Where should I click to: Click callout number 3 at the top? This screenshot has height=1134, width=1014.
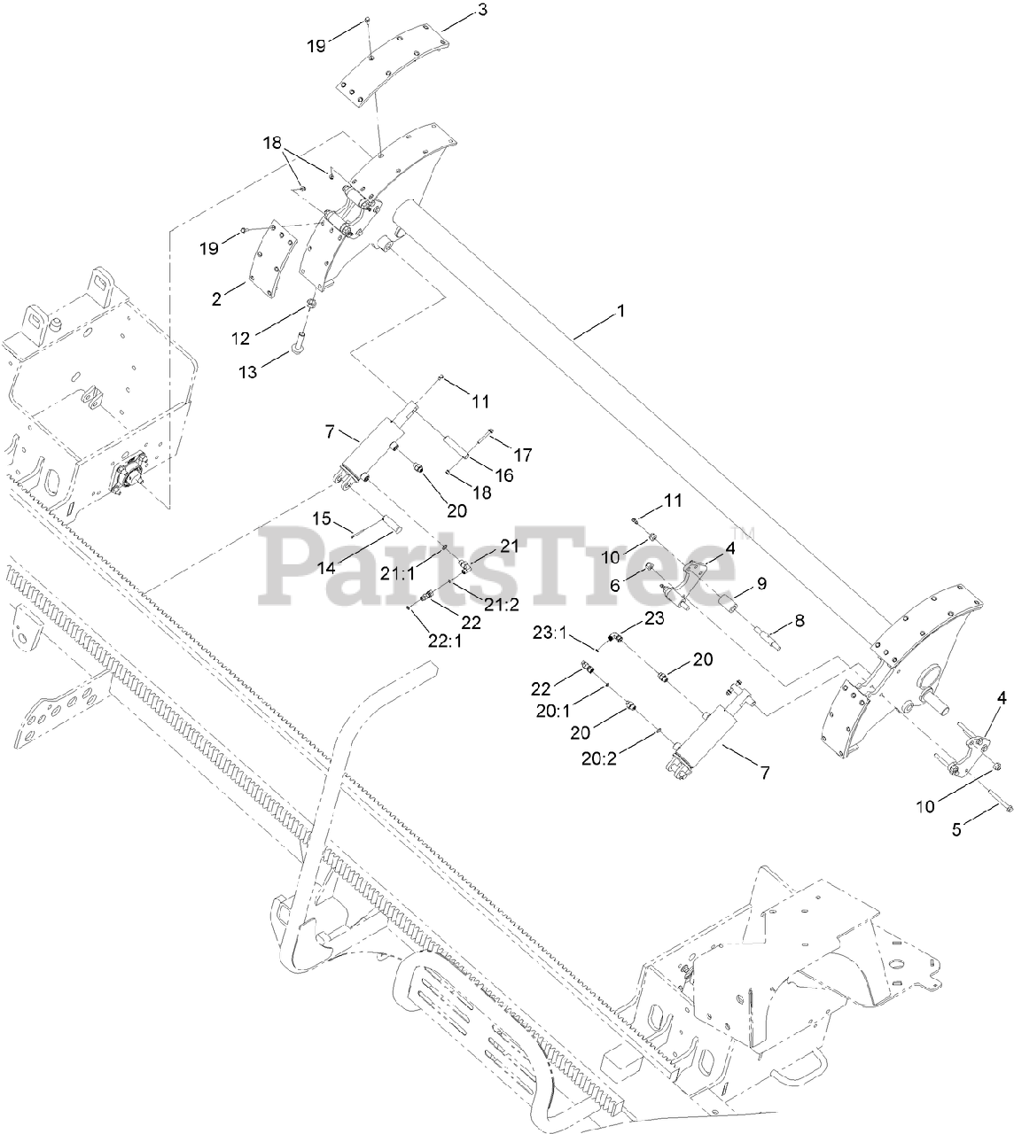[x=456, y=11]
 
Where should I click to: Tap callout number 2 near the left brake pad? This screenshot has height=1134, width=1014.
[x=217, y=299]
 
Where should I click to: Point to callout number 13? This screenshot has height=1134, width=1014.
[x=248, y=372]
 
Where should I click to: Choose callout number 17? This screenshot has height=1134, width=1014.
[x=522, y=455]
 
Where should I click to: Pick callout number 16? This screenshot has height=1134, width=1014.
[x=503, y=475]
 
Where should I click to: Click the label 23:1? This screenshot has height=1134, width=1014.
[x=551, y=633]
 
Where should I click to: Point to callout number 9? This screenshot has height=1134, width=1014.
[x=760, y=584]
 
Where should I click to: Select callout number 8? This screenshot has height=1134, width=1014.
[x=799, y=622]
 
